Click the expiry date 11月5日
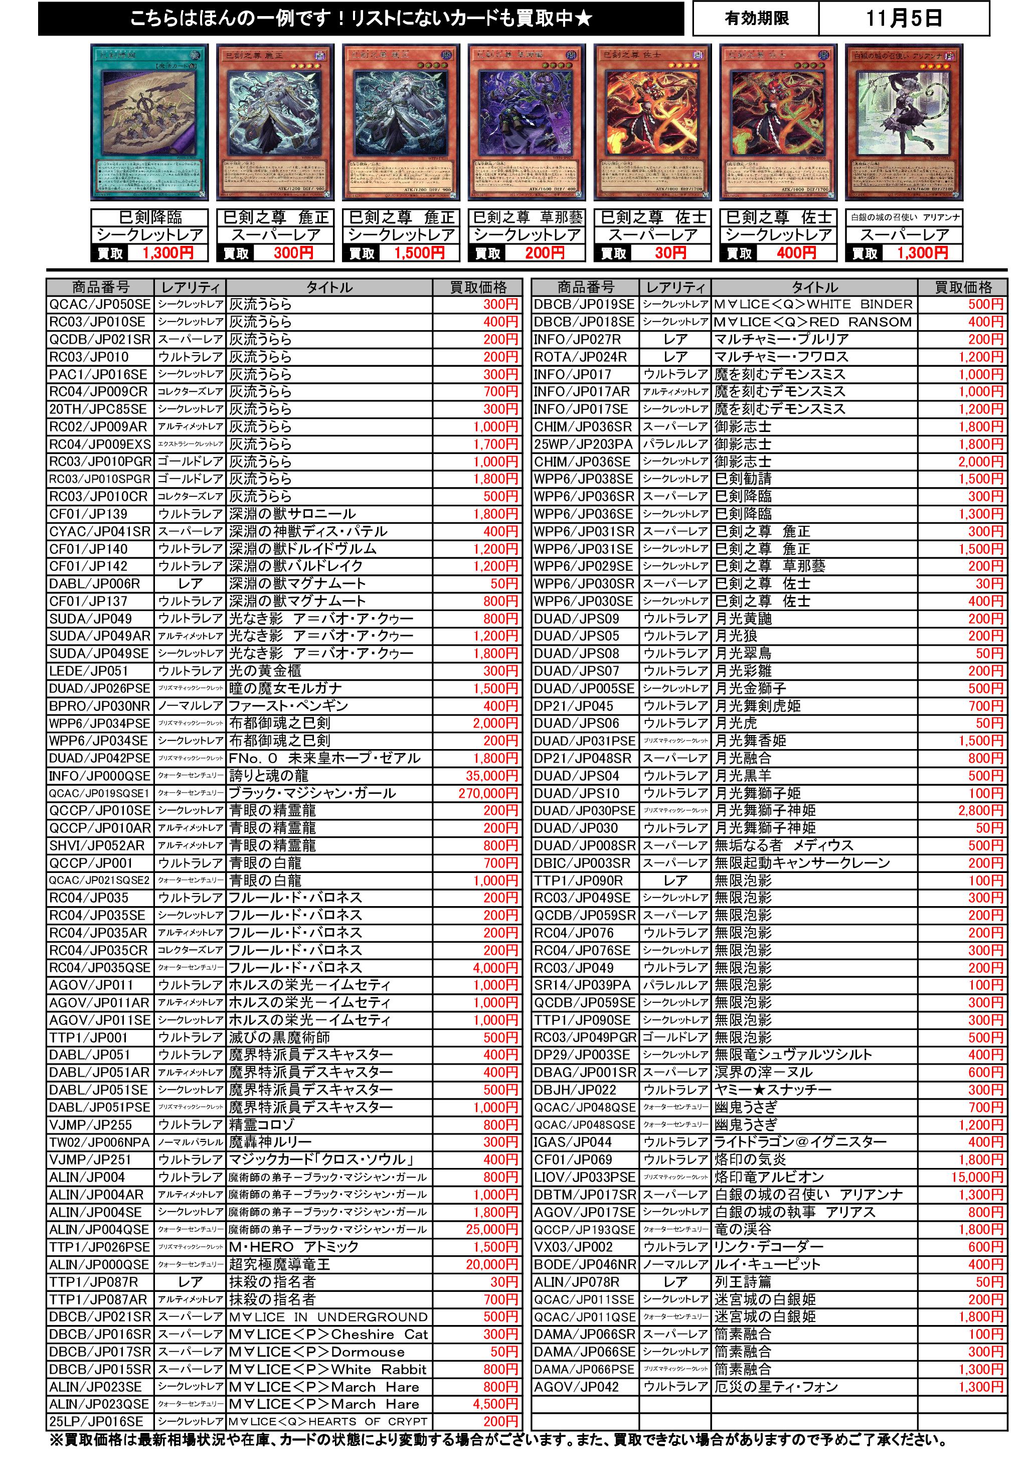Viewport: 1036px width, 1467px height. tap(903, 19)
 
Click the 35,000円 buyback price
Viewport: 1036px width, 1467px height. tap(491, 776)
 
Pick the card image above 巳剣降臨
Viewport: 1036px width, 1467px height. tap(149, 123)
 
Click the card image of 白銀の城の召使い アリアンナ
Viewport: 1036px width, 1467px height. tap(903, 123)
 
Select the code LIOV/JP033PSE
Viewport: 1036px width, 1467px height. tap(584, 1177)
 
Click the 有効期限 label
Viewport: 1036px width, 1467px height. tap(756, 19)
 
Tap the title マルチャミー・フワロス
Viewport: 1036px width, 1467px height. tap(781, 357)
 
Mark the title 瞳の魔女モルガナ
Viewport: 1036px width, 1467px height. tap(285, 689)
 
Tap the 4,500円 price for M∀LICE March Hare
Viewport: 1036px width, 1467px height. tap(494, 1404)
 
